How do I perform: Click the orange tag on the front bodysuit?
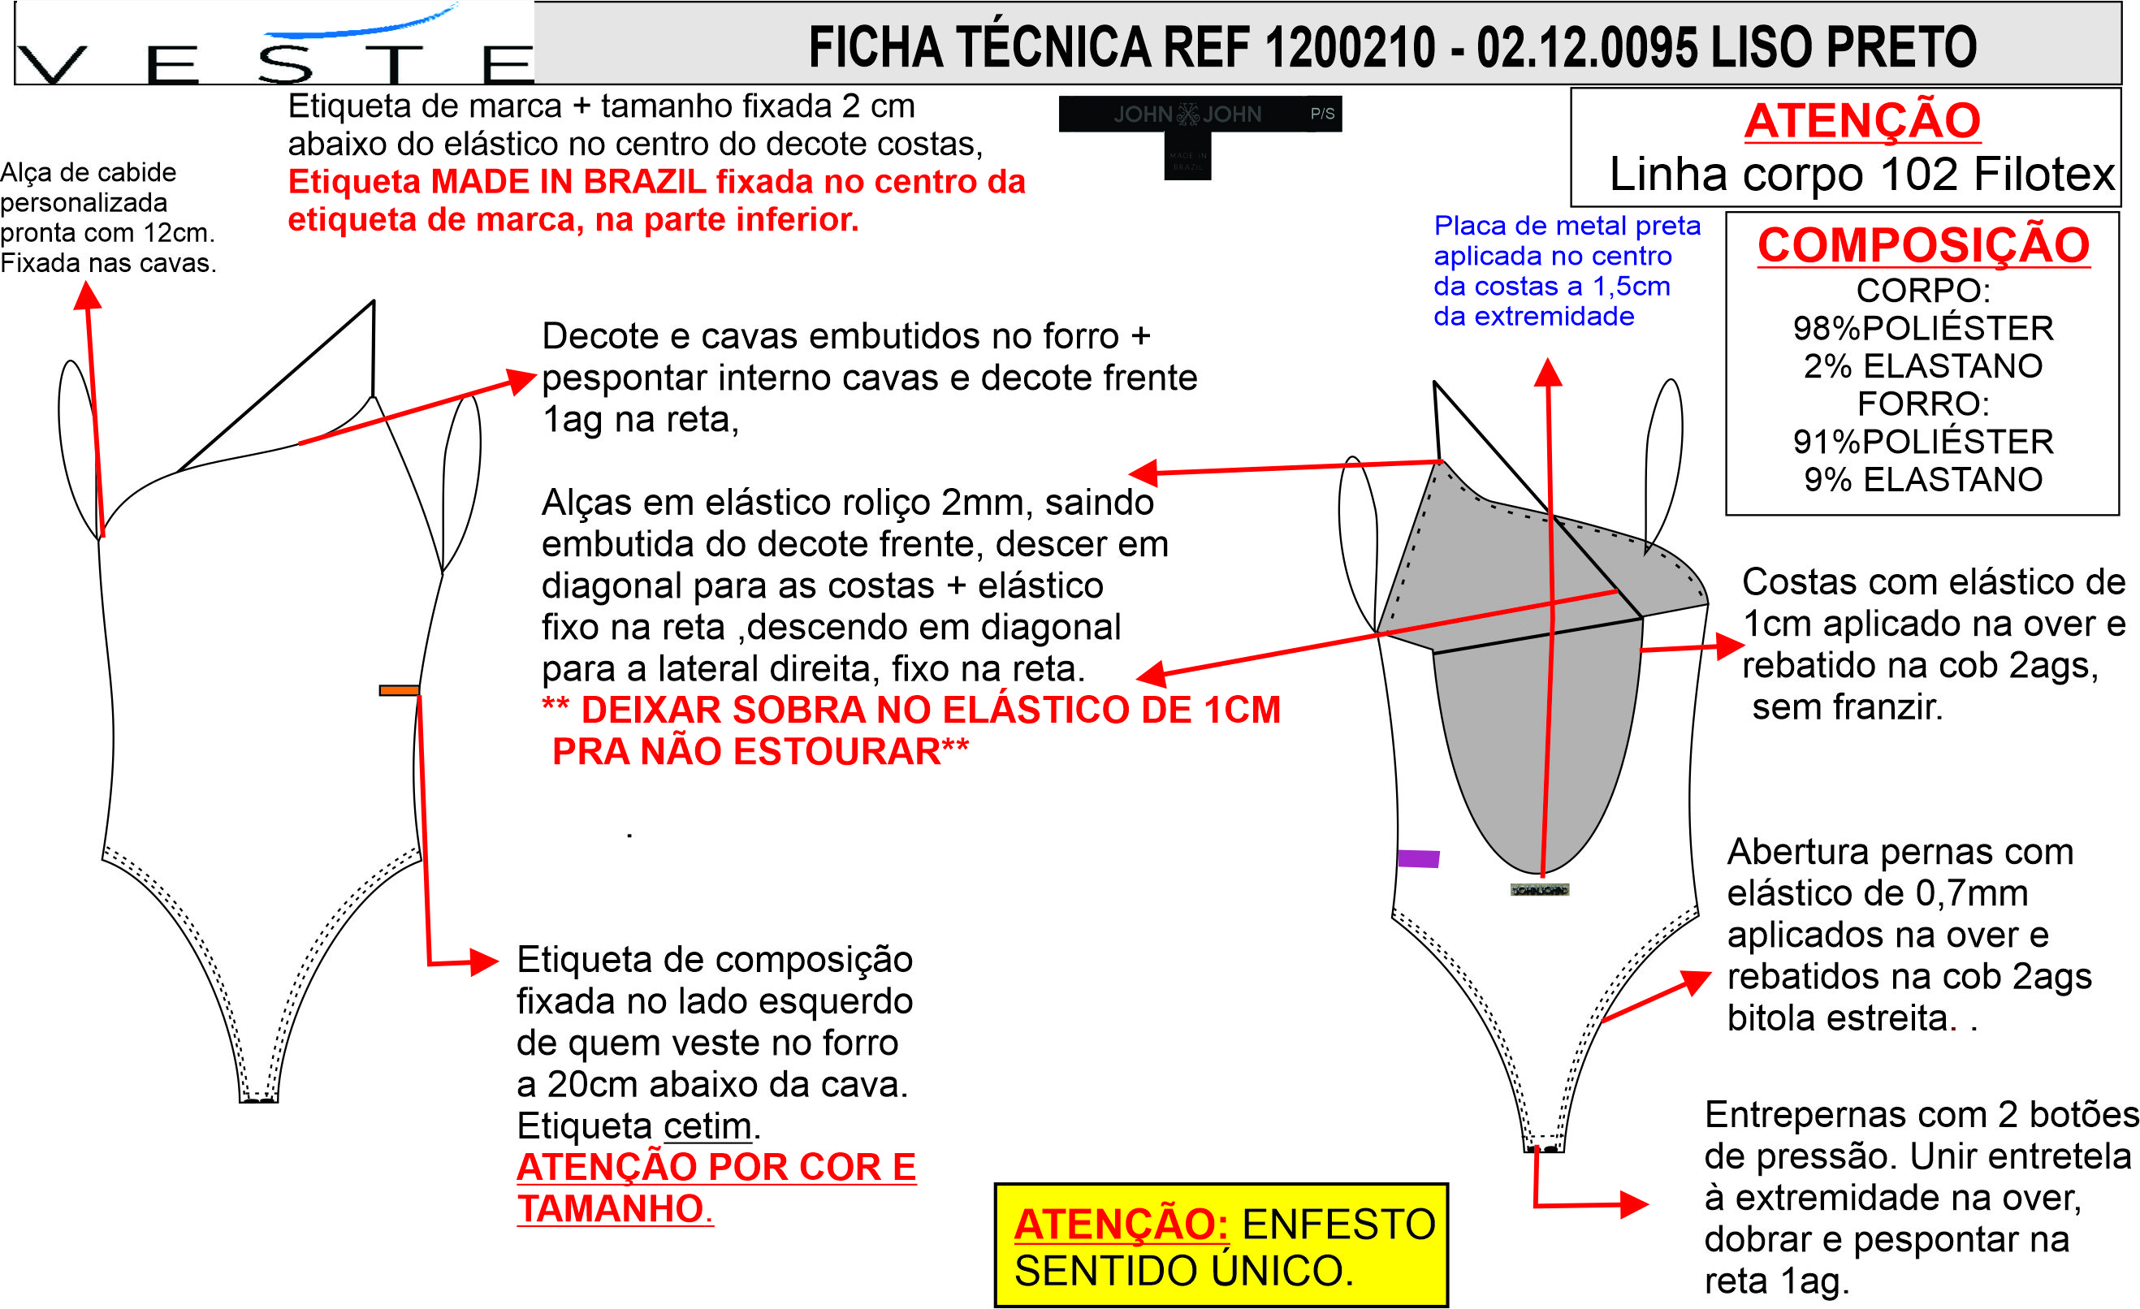pos(399,690)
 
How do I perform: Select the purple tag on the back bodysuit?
pos(1418,859)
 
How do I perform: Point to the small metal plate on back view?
pos(1539,890)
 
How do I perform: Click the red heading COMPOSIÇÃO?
pos(1923,246)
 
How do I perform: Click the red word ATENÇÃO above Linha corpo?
pos(1862,121)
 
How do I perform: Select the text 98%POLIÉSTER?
pos(1923,328)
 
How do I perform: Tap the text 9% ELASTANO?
pos(1923,479)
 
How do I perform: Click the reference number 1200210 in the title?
pos(1350,47)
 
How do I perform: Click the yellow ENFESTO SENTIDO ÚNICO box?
pos(1221,1245)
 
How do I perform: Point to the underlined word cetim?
pos(707,1125)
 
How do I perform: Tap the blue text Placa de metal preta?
pos(1566,226)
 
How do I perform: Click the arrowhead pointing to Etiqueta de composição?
pos(484,961)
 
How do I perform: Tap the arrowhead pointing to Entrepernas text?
pos(1634,1204)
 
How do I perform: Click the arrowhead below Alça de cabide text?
pos(87,297)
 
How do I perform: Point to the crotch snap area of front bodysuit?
pos(258,1099)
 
